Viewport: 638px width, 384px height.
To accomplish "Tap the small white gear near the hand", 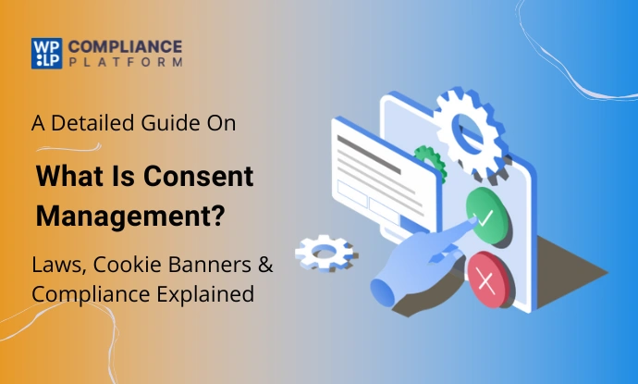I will (x=325, y=248).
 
